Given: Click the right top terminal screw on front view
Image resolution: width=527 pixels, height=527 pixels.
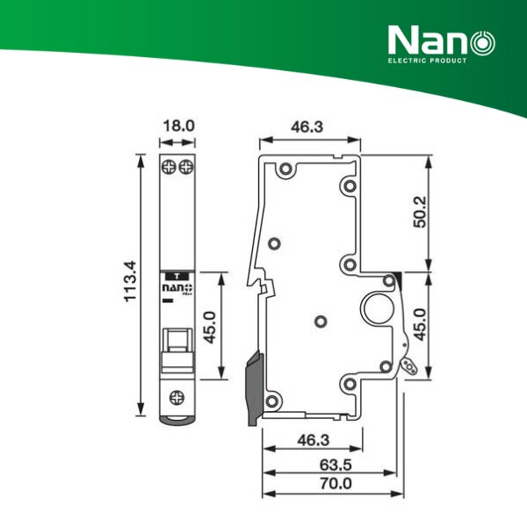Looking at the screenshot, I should click(185, 166).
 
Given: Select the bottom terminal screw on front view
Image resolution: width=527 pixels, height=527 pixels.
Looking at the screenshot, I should click(177, 396).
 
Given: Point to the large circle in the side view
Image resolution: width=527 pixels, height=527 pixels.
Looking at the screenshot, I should click(379, 311).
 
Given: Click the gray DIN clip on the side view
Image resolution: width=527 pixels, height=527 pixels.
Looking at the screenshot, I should click(253, 386).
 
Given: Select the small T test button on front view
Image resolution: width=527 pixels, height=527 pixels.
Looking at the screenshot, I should click(177, 274).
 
